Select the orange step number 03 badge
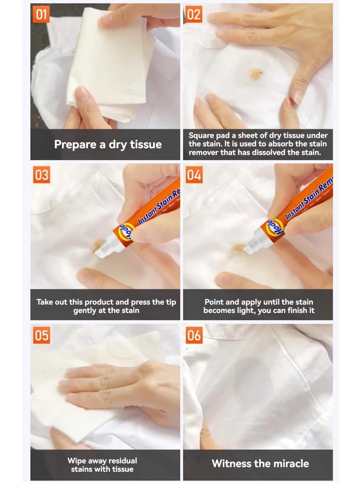(41, 175)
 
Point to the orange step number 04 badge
(194, 175)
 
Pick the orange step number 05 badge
(41, 335)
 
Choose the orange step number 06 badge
(194, 335)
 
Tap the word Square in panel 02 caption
(202, 136)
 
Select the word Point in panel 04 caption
(214, 302)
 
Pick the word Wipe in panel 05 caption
(77, 461)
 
